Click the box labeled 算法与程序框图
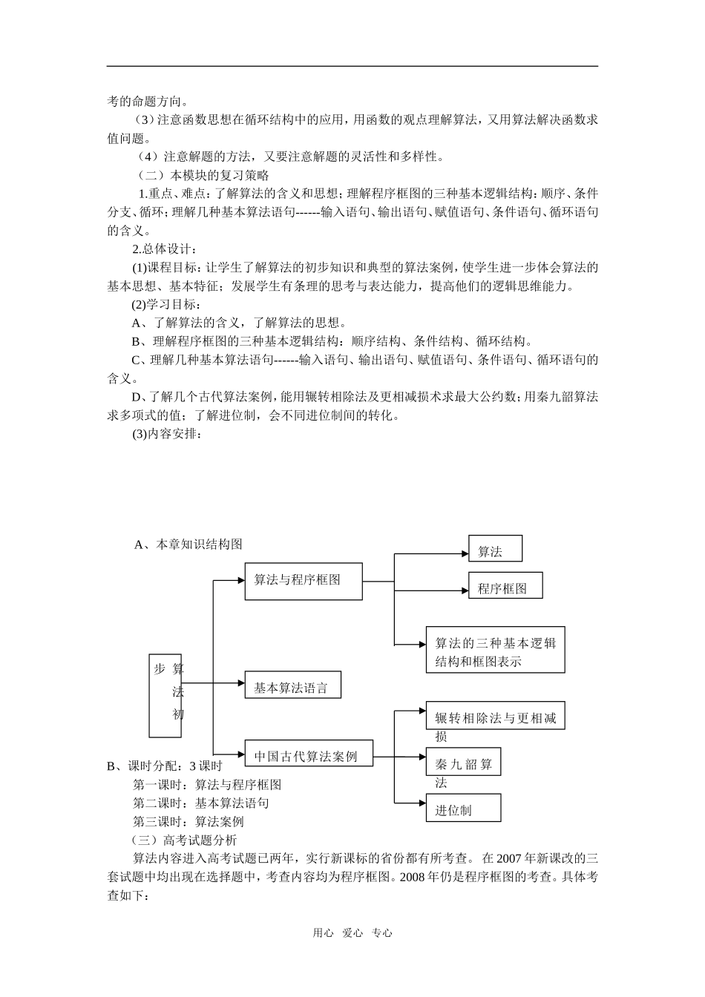tap(304, 581)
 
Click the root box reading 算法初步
tap(165, 696)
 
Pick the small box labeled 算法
tap(495, 549)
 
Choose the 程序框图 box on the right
tap(505, 586)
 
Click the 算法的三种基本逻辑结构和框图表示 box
tap(495, 651)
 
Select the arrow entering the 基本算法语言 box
tap(239, 682)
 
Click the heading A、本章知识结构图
tap(188, 544)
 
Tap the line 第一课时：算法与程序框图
tap(207, 785)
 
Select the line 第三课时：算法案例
tap(188, 822)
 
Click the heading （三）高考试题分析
tap(183, 840)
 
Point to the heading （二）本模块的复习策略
tap(202, 176)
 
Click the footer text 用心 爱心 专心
tap(352, 934)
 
